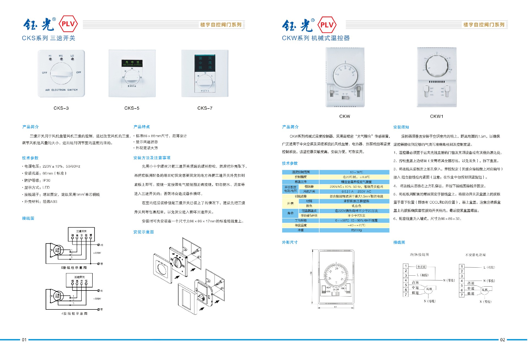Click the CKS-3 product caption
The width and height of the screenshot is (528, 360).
pos(61,108)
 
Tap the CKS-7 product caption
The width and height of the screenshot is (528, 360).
pos(205,108)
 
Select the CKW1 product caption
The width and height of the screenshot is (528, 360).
pos(437,117)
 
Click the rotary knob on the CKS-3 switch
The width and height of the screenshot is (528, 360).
pos(61,73)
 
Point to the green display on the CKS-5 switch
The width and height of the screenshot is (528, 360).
pos(132,63)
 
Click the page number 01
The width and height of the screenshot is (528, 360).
pos(24,340)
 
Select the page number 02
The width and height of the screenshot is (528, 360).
pos(502,340)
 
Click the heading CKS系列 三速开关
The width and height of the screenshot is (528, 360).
pos(49,38)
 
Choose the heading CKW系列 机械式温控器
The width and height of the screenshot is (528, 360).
pos(316,38)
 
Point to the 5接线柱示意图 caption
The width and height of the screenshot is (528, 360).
pos(74,268)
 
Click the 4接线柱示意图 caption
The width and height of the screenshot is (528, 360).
pos(74,314)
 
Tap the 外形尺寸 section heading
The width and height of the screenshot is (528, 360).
pos(290,242)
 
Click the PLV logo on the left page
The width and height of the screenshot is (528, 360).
pos(68,24)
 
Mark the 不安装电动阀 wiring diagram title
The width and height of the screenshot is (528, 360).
pos(475,255)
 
